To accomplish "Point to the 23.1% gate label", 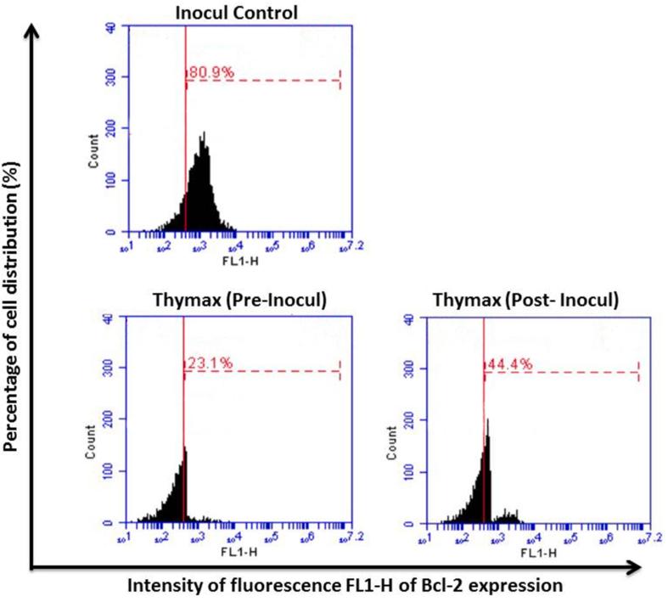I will tap(208, 365).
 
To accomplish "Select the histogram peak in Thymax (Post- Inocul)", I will tap(487, 421).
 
